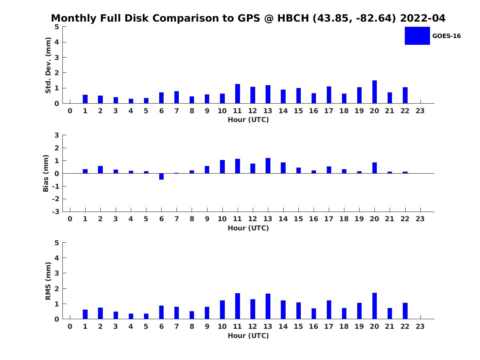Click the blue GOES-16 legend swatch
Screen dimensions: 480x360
417,36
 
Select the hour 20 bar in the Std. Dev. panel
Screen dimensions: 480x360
374,92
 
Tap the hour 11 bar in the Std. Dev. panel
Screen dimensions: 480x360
238,94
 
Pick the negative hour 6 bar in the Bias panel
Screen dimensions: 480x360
161,176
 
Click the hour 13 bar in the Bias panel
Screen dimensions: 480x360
268,166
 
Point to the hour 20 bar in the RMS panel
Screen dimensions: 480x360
374,306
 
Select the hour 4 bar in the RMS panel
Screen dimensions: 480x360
131,316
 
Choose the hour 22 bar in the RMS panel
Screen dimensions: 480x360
405,311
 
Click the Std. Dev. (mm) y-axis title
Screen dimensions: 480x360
48,65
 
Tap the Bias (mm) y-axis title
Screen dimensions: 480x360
46,173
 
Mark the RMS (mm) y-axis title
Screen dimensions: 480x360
48,281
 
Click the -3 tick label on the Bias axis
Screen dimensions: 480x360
56,212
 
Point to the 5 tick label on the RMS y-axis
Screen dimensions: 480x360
57,243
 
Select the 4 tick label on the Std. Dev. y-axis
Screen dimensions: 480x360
57,42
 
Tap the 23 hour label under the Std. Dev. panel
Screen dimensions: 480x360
420,111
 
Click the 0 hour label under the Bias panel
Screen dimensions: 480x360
70,219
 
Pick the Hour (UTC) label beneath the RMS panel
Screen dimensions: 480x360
248,336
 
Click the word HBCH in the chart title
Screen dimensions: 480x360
293,18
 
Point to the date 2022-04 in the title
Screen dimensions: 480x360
422,18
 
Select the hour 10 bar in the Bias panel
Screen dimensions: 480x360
222,166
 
